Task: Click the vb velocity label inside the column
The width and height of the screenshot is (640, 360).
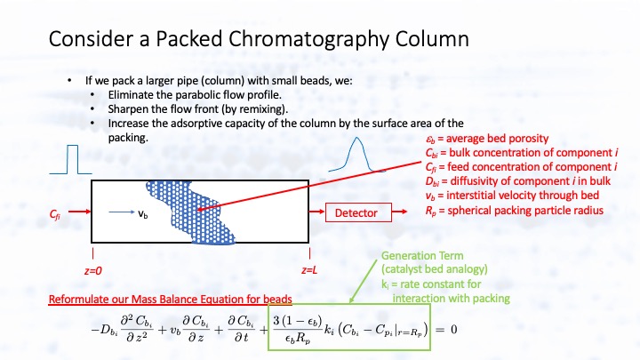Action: coord(143,213)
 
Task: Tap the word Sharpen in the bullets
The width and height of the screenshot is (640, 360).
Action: coord(129,108)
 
